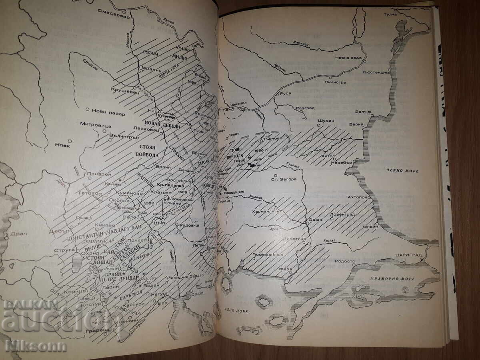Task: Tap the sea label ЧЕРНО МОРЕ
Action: (402, 171)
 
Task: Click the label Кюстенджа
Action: (376, 72)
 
